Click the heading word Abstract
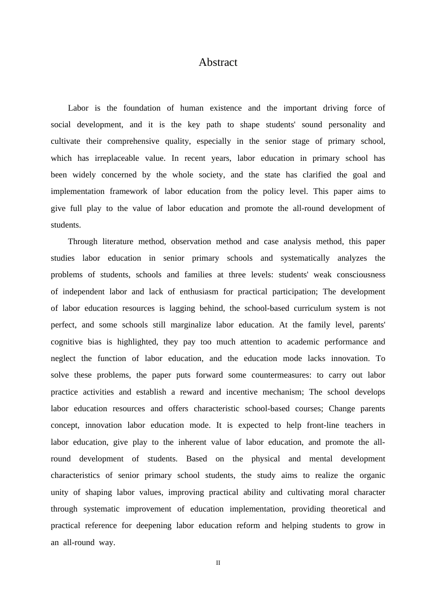click(218, 62)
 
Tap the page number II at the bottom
click(218, 563)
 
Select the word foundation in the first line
click(142, 108)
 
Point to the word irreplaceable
click(117, 158)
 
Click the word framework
click(129, 191)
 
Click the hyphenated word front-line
click(323, 425)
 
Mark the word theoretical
click(349, 509)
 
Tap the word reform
click(249, 525)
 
